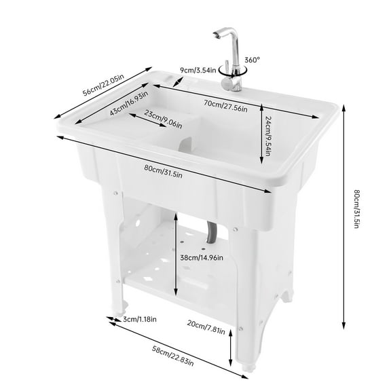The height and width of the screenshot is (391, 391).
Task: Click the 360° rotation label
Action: point(252,59)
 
